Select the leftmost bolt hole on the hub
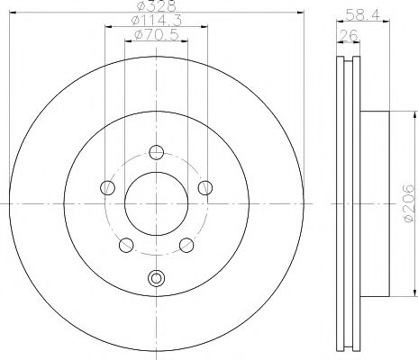108,187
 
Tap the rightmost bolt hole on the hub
205,187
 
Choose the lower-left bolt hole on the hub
127,244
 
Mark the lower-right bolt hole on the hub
186,244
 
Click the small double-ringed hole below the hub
157,279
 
